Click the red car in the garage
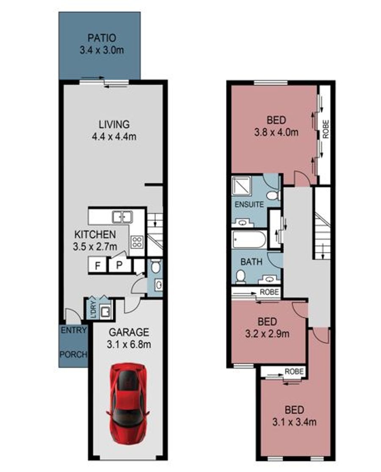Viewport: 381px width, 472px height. point(128,403)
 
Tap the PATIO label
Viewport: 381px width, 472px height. point(102,38)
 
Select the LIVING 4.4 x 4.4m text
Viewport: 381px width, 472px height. point(114,130)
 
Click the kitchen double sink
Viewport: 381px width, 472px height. point(122,217)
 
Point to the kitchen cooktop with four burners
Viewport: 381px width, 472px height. point(137,242)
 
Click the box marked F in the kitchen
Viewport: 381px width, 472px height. point(97,265)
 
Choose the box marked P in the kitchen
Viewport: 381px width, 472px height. point(120,265)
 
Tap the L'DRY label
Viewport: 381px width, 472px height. point(93,309)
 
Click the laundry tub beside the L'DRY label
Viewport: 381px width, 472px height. point(105,311)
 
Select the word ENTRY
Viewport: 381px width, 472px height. point(74,330)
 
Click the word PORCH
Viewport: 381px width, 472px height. point(73,355)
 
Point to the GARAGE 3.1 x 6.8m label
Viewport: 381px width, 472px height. point(129,338)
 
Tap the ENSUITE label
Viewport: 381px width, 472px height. point(249,204)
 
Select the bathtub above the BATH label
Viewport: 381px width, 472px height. point(249,240)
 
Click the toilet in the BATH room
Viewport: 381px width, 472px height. point(240,277)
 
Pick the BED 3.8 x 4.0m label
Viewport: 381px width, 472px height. point(276,126)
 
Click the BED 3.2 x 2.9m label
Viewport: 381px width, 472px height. point(267,328)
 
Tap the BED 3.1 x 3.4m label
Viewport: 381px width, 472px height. point(294,416)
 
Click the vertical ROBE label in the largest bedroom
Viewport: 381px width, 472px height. point(326,129)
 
